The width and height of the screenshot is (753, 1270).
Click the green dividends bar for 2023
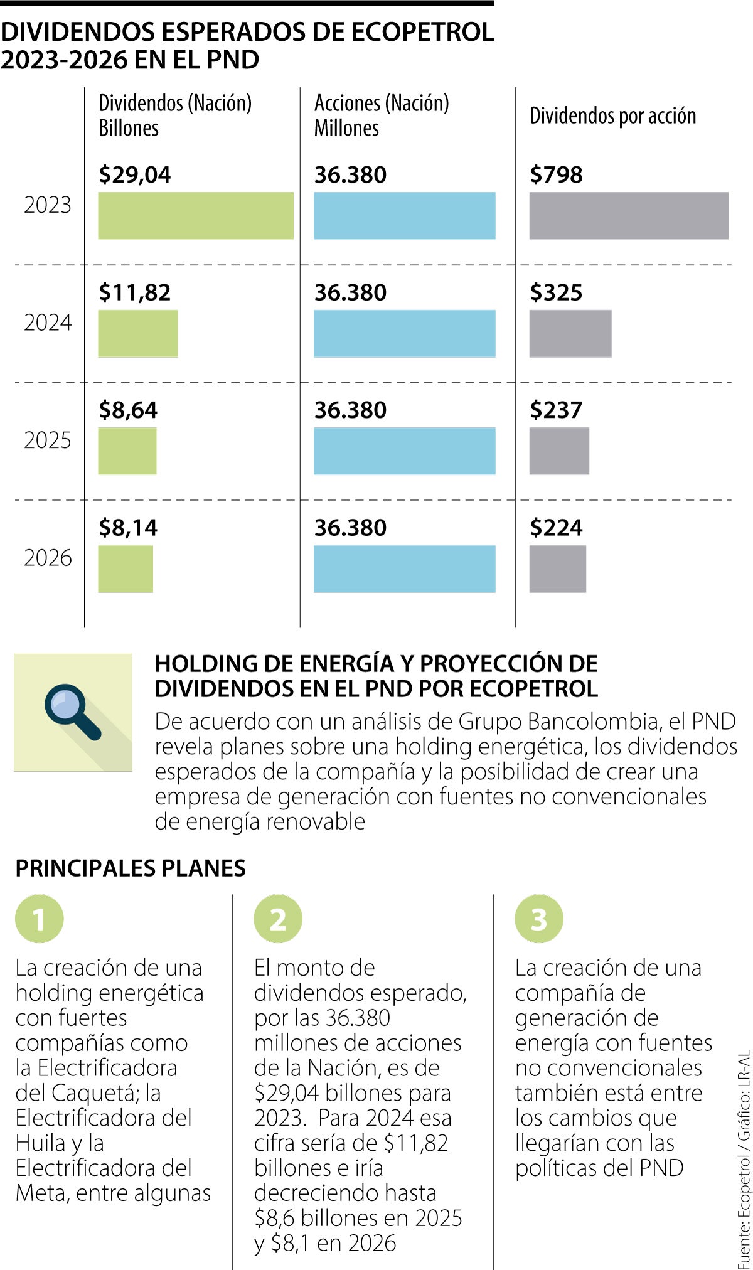pyautogui.click(x=195, y=215)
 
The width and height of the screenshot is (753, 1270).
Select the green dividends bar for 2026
pyautogui.click(x=125, y=568)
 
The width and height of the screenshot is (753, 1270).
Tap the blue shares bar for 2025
pyautogui.click(x=404, y=451)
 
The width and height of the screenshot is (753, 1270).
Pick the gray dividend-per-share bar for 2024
pyautogui.click(x=570, y=333)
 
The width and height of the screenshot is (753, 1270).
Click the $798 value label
pyautogui.click(x=556, y=174)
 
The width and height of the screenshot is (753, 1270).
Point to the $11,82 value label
pyautogui.click(x=134, y=292)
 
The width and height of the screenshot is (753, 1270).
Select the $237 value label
pyautogui.click(x=556, y=410)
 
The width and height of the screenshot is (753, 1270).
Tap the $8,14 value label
pyautogui.click(x=128, y=528)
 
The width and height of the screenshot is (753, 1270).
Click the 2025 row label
pyautogui.click(x=48, y=440)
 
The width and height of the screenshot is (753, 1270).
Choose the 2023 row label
pyautogui.click(x=48, y=205)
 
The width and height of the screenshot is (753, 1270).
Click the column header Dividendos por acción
pyautogui.click(x=612, y=115)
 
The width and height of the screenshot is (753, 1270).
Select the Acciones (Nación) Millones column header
pyautogui.click(x=381, y=115)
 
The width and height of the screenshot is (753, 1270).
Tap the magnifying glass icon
pyautogui.click(x=72, y=712)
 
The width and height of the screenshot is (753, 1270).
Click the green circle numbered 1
pyautogui.click(x=40, y=919)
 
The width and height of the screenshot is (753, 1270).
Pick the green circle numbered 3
pyautogui.click(x=538, y=919)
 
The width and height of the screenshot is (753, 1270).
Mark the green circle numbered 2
pyautogui.click(x=278, y=919)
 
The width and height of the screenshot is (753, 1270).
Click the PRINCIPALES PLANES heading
pyautogui.click(x=131, y=868)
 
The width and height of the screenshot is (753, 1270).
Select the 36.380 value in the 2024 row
pyautogui.click(x=350, y=292)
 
